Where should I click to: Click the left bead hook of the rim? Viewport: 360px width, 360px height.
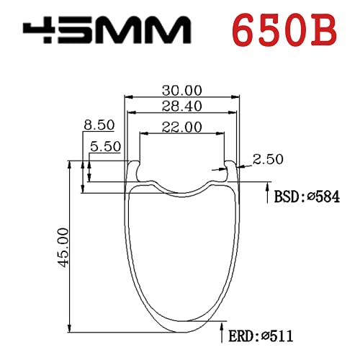click(133, 168)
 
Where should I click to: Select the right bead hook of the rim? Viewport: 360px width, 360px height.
click(229, 168)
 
